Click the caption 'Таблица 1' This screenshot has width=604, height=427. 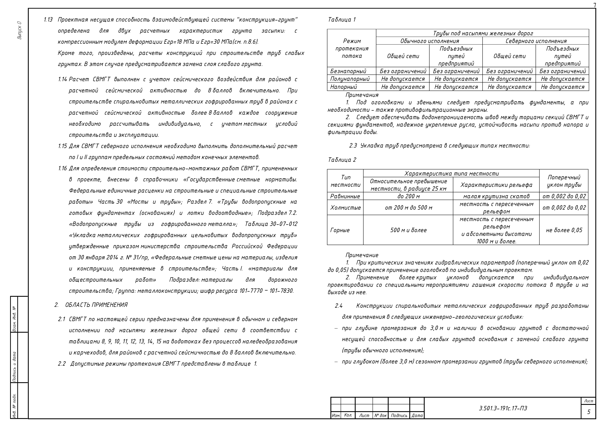coord(342,20)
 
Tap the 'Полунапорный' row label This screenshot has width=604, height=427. coord(350,79)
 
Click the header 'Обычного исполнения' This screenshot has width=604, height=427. coord(429,41)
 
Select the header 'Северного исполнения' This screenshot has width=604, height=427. coord(536,41)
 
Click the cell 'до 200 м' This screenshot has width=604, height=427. coord(408,196)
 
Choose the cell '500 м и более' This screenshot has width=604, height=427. coord(408,230)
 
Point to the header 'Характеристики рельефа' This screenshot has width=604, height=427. coord(496,185)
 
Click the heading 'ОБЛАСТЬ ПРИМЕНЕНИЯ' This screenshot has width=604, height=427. coord(96,305)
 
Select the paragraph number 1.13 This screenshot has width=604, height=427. coord(48,20)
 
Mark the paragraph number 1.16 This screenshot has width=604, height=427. coord(63,168)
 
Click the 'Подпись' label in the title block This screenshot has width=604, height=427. coord(399,415)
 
